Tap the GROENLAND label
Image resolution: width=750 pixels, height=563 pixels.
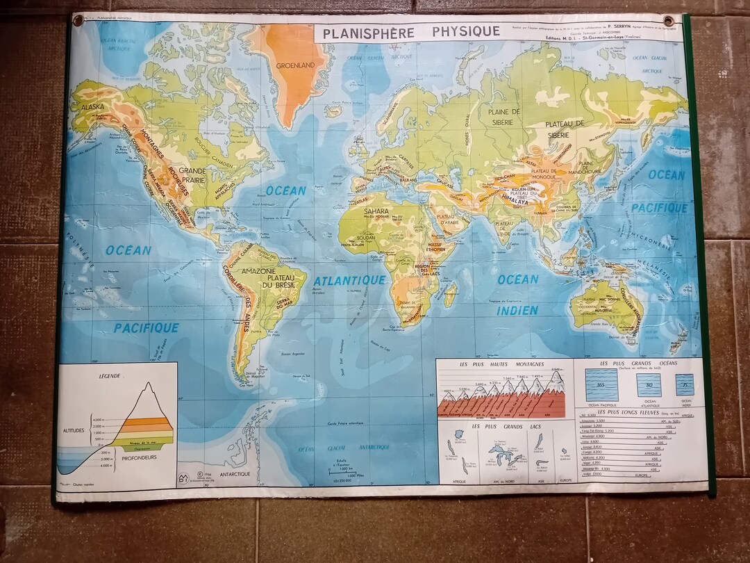pos(296,65)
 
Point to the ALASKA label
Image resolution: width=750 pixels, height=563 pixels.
pos(92,108)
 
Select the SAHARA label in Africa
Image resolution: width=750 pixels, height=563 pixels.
pos(376,209)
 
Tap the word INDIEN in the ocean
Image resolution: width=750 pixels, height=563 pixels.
pos(517,311)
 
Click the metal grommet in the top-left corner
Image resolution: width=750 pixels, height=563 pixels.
pos(78,19)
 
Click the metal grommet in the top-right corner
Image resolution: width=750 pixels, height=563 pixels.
pos(668,21)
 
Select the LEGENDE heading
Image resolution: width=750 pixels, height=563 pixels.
pos(110,376)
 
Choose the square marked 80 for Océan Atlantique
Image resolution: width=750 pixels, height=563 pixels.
pos(649,384)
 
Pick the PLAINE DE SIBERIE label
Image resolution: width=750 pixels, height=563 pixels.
pos(505,117)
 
